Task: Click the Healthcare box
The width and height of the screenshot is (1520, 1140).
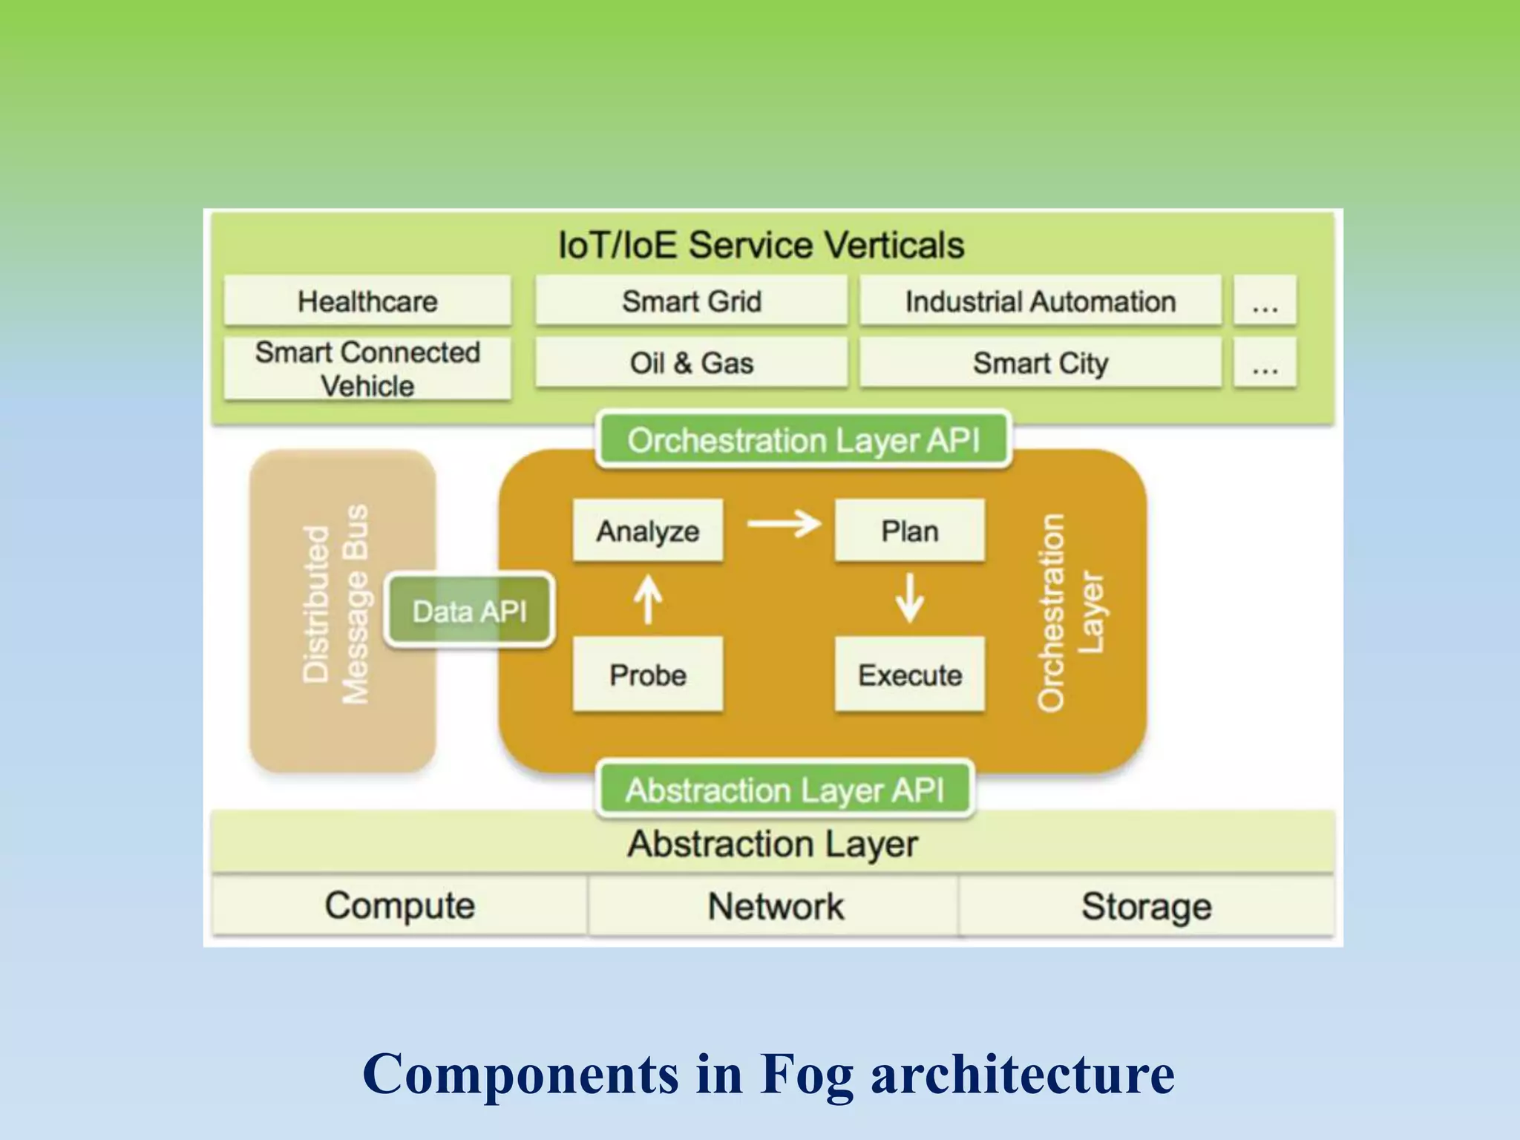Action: pyautogui.click(x=367, y=301)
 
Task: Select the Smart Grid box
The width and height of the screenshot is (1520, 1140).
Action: pyautogui.click(x=691, y=301)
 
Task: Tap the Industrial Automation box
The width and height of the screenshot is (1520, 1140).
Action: pyautogui.click(x=1040, y=301)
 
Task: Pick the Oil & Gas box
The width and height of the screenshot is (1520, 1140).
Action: pyautogui.click(x=691, y=362)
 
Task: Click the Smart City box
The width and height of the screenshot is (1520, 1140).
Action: pyautogui.click(x=1040, y=362)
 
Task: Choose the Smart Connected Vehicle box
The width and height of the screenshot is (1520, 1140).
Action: pyautogui.click(x=367, y=369)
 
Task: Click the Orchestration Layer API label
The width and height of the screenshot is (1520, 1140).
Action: pyautogui.click(x=803, y=439)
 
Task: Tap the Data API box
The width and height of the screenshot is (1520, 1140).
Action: pyautogui.click(x=469, y=611)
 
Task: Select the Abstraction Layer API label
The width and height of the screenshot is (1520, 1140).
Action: pyautogui.click(x=784, y=789)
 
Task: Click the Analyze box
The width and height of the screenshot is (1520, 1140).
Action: pyautogui.click(x=647, y=530)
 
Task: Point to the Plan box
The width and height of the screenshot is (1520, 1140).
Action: pyautogui.click(x=909, y=530)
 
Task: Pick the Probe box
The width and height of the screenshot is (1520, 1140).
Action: pyautogui.click(x=647, y=674)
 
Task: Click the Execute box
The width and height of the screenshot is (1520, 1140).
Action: pyautogui.click(x=909, y=674)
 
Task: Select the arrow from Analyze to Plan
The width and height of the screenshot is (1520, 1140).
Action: pyautogui.click(x=783, y=523)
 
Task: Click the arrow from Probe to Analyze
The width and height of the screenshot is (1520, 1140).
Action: pyautogui.click(x=648, y=600)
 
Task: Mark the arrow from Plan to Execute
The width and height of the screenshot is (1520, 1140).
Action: pyautogui.click(x=909, y=598)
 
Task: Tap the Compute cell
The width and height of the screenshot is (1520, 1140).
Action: pyautogui.click(x=399, y=905)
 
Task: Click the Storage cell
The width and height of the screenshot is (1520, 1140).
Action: pyautogui.click(x=1146, y=905)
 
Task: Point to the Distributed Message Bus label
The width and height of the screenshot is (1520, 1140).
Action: pyautogui.click(x=335, y=604)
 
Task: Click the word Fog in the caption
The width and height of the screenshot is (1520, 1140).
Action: pyautogui.click(x=807, y=1073)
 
